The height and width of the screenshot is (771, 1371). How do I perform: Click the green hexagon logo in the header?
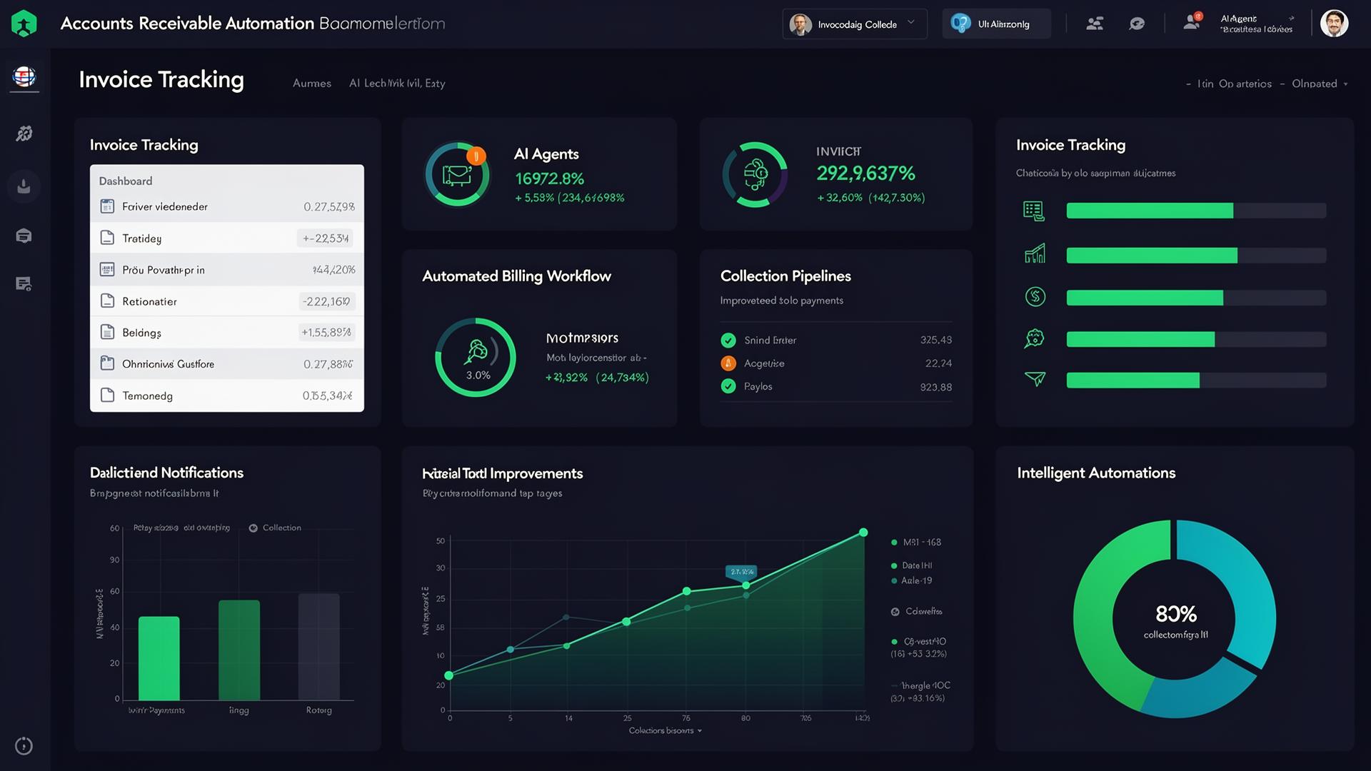(24, 24)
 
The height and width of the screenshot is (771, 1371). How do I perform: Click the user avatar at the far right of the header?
(1334, 24)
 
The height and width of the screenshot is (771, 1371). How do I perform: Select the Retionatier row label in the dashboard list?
(149, 301)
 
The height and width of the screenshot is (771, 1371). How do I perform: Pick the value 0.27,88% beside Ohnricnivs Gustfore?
(328, 364)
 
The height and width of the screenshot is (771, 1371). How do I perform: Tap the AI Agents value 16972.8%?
(549, 178)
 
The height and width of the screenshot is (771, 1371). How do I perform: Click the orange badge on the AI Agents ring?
(476, 156)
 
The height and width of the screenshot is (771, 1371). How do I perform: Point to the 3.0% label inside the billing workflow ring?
(478, 375)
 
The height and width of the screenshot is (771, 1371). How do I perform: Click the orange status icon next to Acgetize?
(728, 363)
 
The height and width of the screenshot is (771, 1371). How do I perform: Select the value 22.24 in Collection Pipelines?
(938, 363)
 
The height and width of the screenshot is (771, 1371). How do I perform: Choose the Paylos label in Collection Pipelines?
(758, 386)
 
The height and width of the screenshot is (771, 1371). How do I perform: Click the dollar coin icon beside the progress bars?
(1035, 296)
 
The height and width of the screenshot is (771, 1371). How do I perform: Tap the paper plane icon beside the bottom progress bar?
(1035, 378)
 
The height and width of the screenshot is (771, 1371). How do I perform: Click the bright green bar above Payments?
(159, 657)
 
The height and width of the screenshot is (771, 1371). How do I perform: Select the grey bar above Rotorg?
(318, 646)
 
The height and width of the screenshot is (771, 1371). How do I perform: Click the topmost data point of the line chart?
(863, 533)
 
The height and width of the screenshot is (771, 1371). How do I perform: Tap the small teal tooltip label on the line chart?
(742, 572)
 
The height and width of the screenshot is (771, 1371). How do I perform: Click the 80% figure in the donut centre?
(1175, 614)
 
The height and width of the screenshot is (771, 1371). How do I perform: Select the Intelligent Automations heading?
(1096, 473)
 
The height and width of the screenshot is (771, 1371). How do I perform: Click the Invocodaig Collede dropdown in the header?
(855, 24)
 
